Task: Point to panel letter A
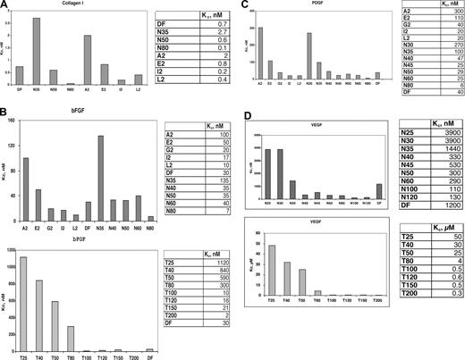5,5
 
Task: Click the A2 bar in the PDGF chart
261,52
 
